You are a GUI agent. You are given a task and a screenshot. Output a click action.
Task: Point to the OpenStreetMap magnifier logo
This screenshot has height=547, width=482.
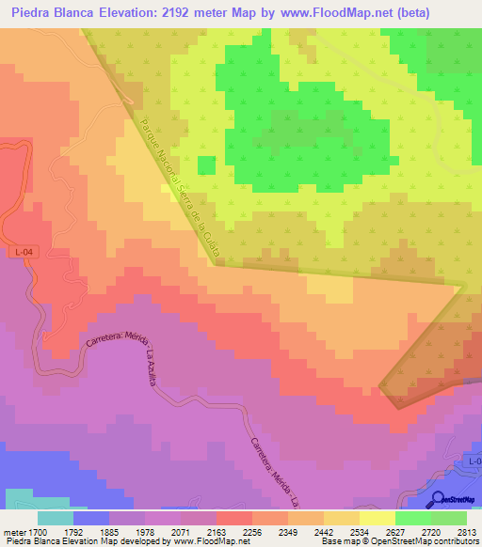pos(438,499)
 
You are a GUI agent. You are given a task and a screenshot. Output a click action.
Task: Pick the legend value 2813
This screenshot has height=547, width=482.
pos(466,530)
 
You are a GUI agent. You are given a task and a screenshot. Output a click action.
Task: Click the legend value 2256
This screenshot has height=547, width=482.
pos(251,530)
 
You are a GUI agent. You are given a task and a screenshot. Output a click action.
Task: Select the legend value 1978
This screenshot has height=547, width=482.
pos(144,530)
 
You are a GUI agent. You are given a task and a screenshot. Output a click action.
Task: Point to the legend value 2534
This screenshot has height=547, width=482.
pos(359,530)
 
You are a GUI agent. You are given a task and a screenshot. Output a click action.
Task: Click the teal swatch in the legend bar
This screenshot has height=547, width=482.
pos(56,518)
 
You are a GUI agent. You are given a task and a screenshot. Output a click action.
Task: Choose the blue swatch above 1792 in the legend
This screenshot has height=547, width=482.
pos(91,518)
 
